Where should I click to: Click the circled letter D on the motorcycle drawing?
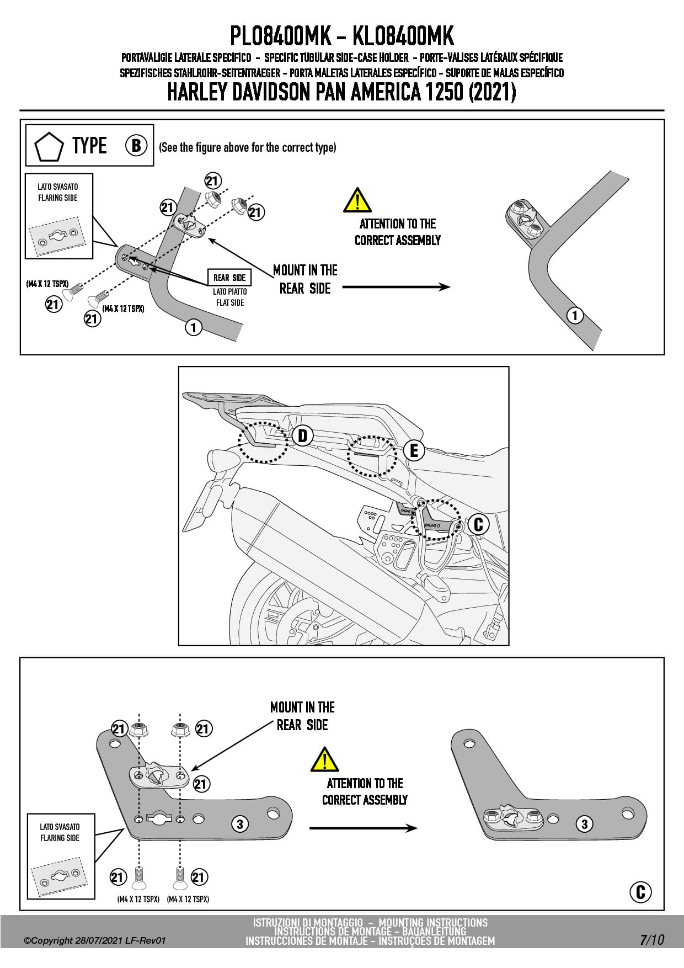coord(303,435)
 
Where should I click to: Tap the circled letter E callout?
coord(414,450)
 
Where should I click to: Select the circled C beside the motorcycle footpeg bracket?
coord(478,524)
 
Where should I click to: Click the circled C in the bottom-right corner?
coord(640,892)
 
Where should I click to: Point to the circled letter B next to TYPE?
coord(136,145)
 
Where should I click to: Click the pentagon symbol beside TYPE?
coord(49,146)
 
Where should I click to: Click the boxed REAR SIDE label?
coord(229,278)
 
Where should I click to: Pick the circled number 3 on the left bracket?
coord(239,825)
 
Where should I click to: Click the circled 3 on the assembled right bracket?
coord(584,825)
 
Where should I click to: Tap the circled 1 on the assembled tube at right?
coord(575,316)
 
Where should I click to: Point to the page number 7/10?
coord(652,939)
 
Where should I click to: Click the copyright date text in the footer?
coord(94,940)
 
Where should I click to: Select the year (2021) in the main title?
coord(492,92)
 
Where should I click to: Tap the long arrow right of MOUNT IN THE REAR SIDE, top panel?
coord(396,287)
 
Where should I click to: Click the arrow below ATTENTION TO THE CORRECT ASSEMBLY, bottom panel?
coord(363,828)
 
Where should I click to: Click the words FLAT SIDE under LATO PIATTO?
coord(230,302)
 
